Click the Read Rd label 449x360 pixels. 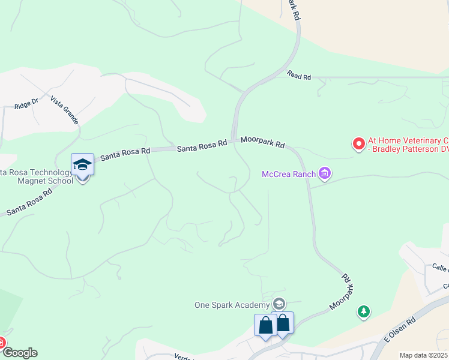(299, 76)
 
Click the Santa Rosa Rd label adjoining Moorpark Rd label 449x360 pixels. (202, 145)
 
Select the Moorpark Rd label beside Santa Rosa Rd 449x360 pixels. (262, 143)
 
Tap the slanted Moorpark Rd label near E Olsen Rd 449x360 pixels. (340, 293)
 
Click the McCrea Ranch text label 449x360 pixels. (289, 175)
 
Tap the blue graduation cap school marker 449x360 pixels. (82, 164)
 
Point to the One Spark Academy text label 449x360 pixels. (231, 305)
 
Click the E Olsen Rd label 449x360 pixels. (400, 331)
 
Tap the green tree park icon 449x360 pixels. (363, 311)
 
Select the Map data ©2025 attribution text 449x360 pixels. (423, 355)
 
